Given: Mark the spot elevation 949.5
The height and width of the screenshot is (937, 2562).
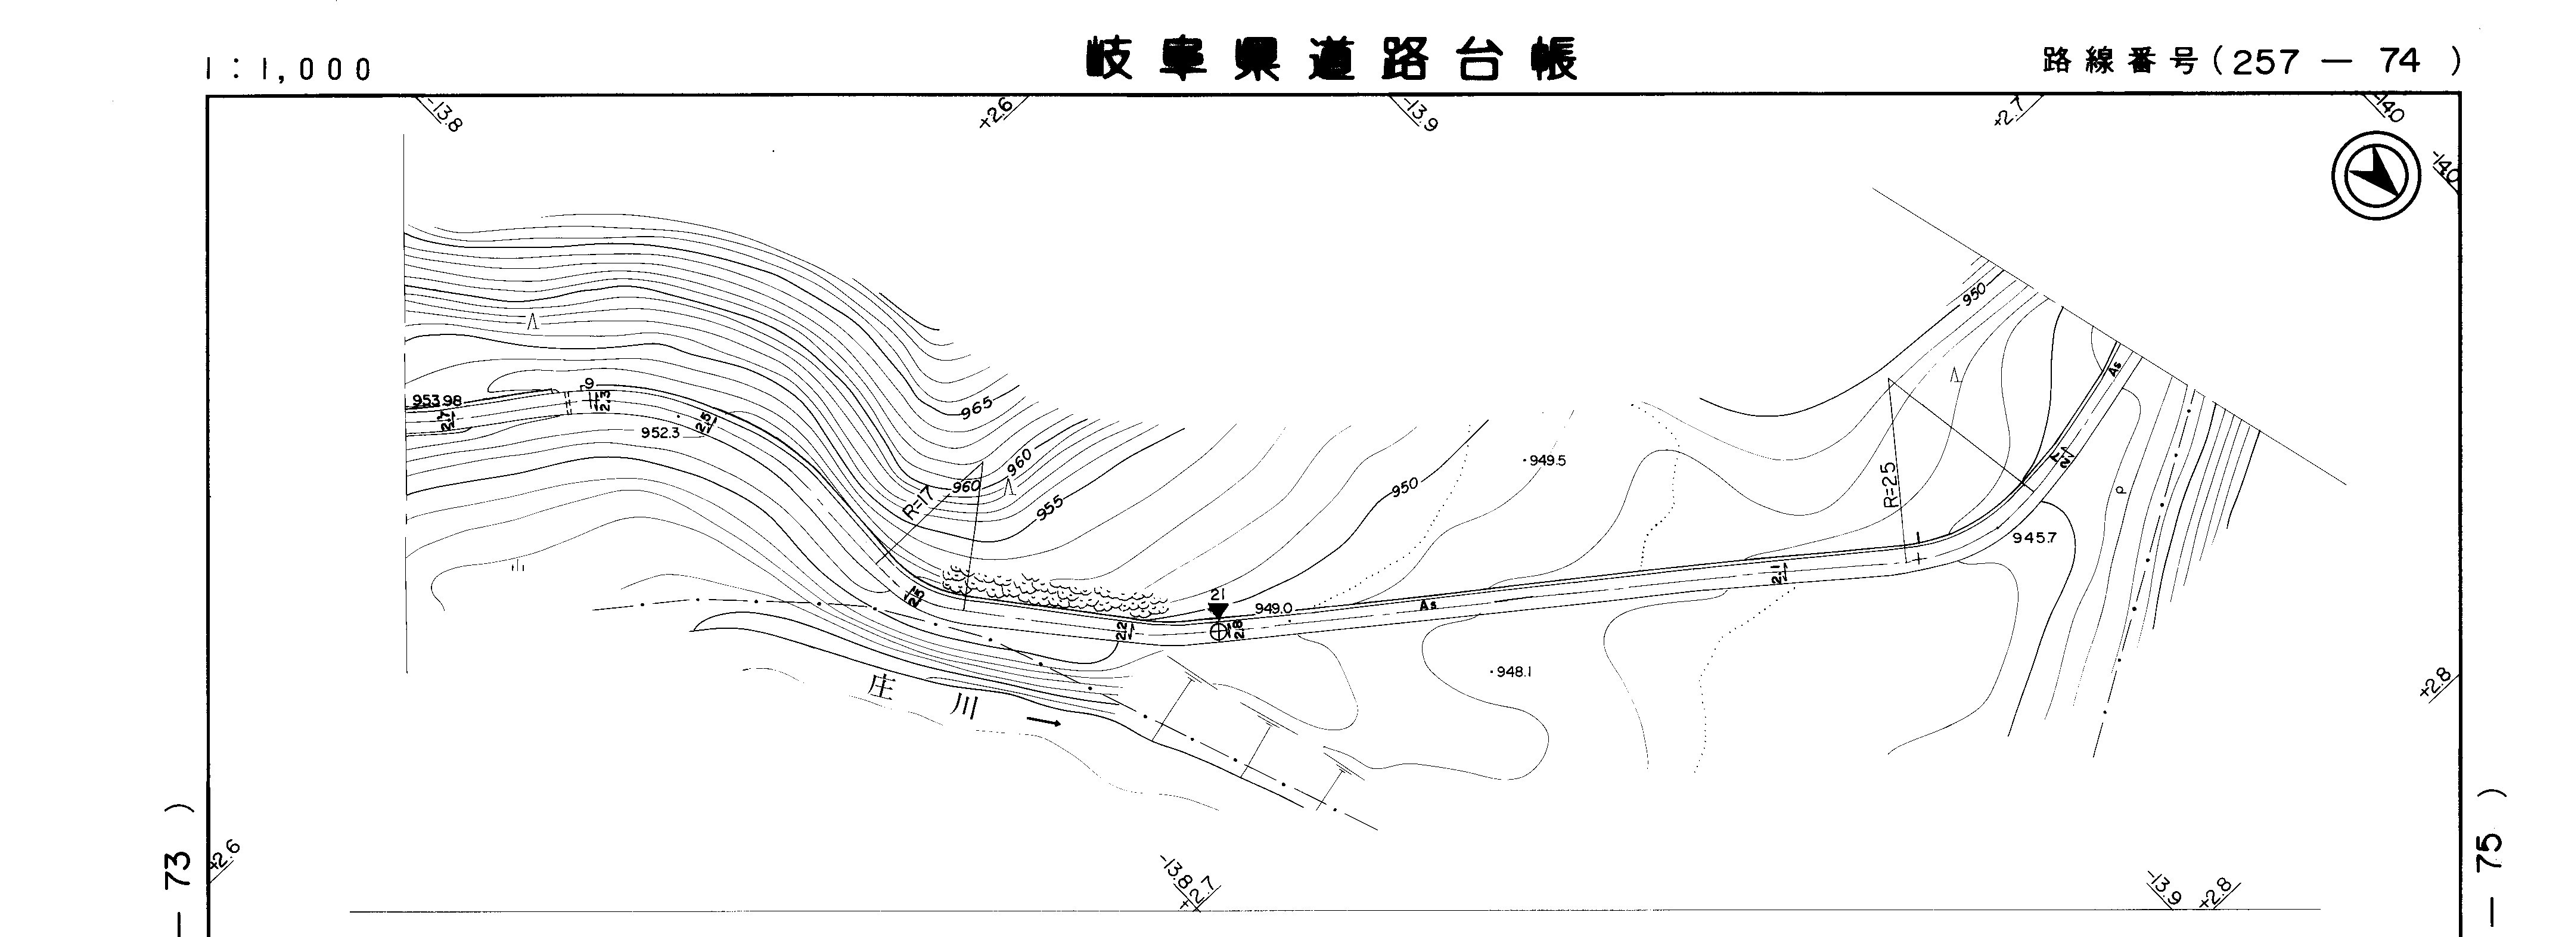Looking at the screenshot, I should (x=1546, y=461).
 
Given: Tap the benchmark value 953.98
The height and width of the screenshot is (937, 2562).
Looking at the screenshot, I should (x=437, y=401).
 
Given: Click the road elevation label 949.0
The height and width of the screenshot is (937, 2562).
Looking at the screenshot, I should (x=1273, y=609).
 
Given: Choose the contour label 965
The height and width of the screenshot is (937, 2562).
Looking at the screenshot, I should (x=977, y=408).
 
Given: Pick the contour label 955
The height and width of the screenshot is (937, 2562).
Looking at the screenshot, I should (x=1049, y=507).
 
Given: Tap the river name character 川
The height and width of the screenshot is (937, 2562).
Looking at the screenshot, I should (x=962, y=708).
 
